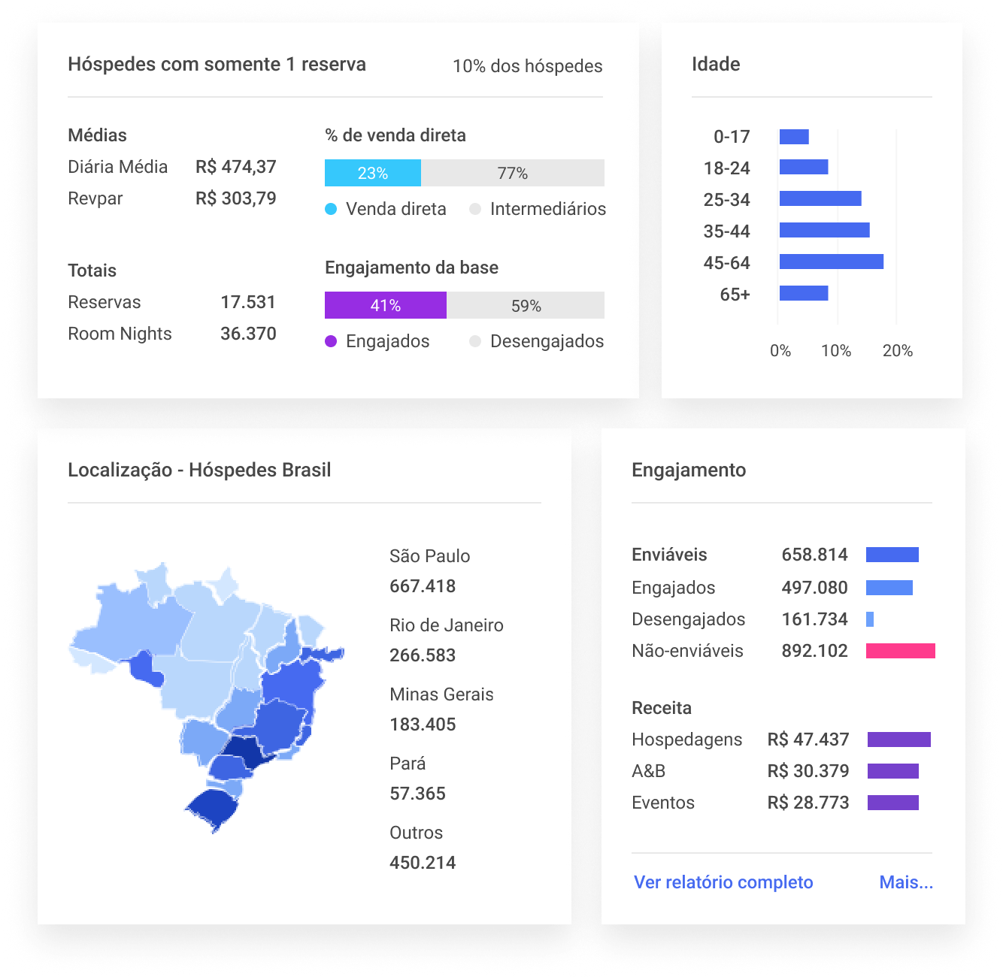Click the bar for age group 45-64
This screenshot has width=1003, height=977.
coord(831,262)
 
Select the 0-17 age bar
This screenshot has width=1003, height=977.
coord(794,137)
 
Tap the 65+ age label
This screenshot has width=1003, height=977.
coord(735,294)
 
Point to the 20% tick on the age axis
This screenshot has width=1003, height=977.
coord(897,350)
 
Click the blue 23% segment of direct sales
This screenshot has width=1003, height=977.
coord(372,173)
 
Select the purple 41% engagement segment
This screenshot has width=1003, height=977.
coord(385,305)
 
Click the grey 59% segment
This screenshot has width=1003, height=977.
coord(526,305)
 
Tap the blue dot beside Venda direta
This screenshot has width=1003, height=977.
coord(331,209)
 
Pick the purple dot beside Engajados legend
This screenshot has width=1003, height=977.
coord(331,341)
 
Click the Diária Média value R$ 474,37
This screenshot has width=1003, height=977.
coord(235,167)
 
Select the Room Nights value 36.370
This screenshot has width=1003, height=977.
coord(248,334)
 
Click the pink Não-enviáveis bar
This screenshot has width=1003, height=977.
coord(900,651)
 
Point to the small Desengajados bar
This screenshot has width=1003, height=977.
coord(870,619)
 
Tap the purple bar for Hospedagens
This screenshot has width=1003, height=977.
coord(898,740)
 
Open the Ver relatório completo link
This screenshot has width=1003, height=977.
coord(723,882)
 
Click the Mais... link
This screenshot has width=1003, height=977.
coord(906,882)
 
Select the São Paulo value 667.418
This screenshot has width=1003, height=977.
coord(423,586)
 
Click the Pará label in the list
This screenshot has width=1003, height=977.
coord(408,764)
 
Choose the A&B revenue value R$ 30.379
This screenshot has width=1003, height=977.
coord(808,771)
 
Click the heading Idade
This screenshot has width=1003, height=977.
coord(716,65)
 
